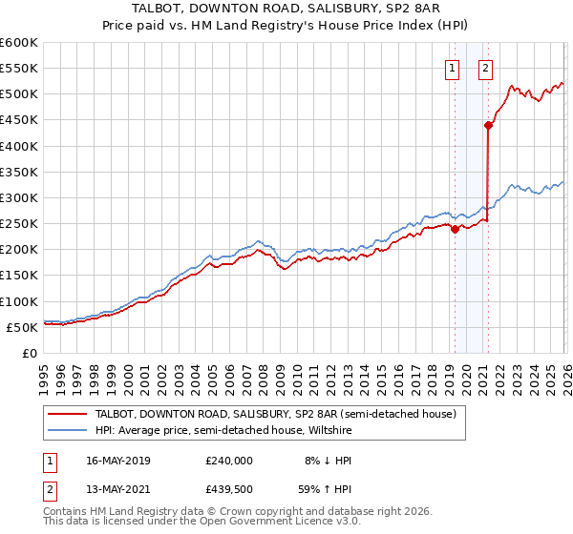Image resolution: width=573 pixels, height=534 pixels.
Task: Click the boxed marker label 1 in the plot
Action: (x=451, y=67)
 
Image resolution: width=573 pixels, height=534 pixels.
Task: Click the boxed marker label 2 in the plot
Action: (x=485, y=67)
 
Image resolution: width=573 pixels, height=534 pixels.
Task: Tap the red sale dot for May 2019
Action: (x=455, y=229)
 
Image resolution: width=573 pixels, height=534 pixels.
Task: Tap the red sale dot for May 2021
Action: (x=488, y=125)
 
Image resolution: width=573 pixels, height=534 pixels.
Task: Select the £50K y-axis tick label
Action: (x=23, y=327)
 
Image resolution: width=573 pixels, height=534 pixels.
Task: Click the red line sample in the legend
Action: (x=67, y=414)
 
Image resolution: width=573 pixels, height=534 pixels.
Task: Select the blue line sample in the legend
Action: (x=67, y=430)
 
